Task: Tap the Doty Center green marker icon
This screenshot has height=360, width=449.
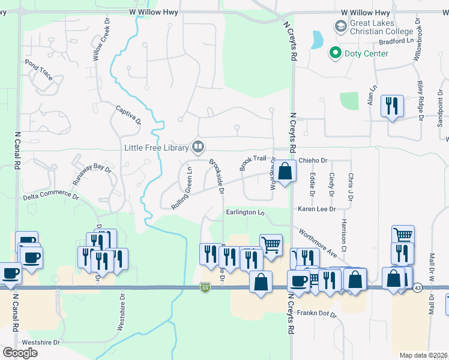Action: [x=334, y=53]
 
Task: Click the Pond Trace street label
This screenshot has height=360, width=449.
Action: [x=38, y=70]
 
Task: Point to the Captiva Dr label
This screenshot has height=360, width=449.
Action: [x=128, y=115]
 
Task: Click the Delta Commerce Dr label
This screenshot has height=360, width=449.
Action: [x=51, y=196]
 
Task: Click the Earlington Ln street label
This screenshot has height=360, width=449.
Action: [x=246, y=212]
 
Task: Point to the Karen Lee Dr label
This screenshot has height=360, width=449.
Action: [x=316, y=209]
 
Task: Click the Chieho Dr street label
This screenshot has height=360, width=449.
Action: [x=313, y=161]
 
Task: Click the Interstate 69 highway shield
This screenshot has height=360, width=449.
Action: [x=205, y=289]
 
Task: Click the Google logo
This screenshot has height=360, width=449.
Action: [x=20, y=353]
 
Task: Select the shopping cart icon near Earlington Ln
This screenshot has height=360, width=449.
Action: [x=271, y=244]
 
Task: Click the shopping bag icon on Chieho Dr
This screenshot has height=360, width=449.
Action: [x=286, y=170]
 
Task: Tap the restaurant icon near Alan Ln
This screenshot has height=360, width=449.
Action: [x=392, y=106]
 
